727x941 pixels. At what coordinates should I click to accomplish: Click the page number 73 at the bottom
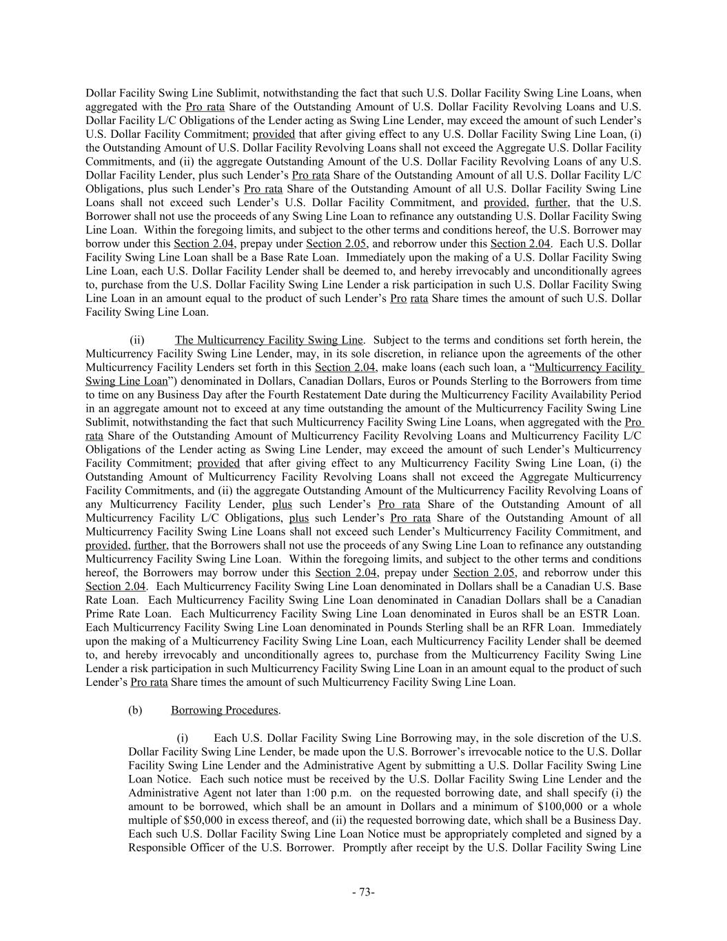(363, 893)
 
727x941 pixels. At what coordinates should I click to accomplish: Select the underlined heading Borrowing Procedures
(225, 710)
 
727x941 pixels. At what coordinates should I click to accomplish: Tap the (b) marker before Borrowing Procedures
(135, 710)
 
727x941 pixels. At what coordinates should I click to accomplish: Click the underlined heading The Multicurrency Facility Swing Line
(269, 340)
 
